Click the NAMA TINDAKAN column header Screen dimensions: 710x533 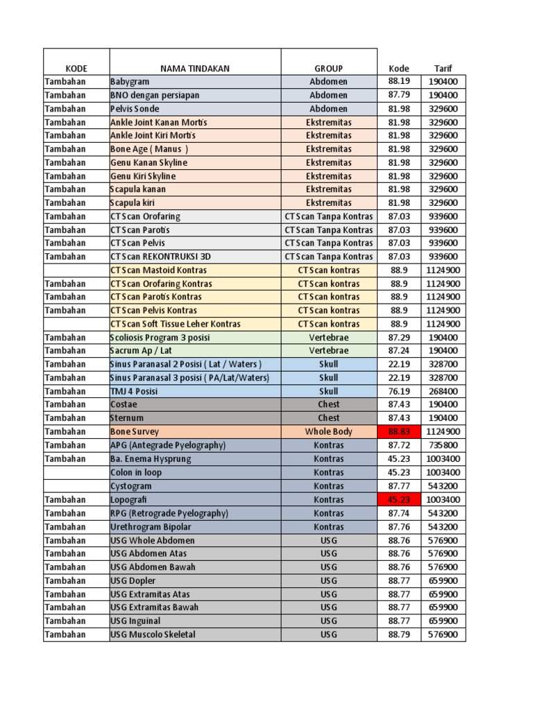coord(194,69)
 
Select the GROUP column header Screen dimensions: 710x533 coord(328,69)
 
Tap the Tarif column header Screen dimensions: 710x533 coord(443,69)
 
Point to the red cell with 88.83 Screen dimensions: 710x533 coord(398,431)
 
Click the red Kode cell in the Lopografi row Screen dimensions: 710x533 coord(398,499)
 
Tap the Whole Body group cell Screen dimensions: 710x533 coord(328,431)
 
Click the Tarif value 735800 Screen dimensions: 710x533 coord(443,445)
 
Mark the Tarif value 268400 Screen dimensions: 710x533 coord(443,391)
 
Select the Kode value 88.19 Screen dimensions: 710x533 coord(398,82)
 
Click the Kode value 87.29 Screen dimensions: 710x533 coord(398,338)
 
